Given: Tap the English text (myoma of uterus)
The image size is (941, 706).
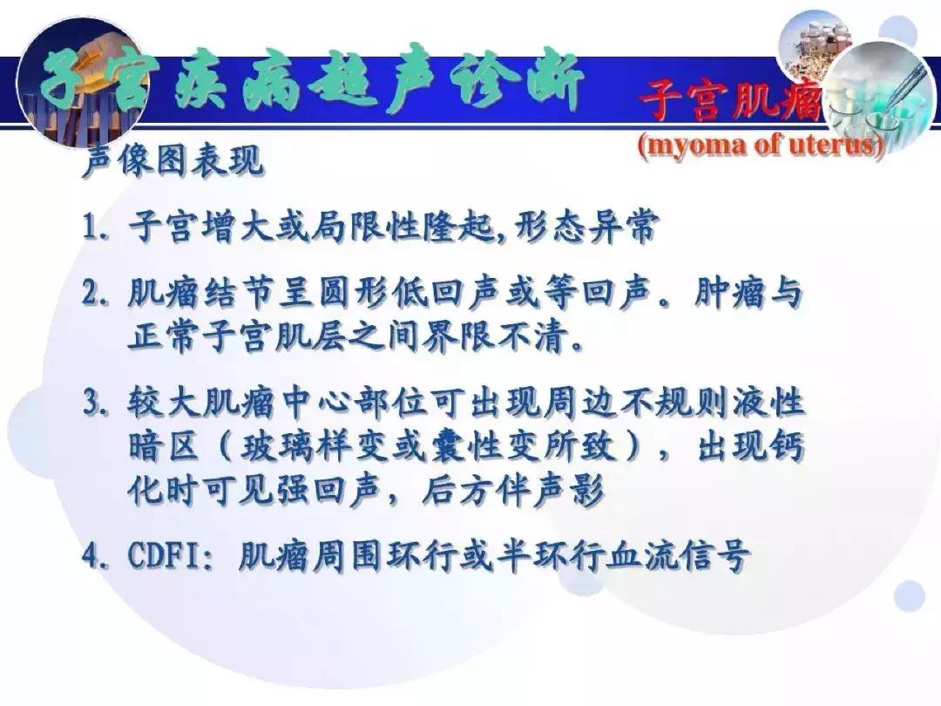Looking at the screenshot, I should pyautogui.click(x=761, y=145).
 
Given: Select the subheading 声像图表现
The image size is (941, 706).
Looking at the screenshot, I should pyautogui.click(x=172, y=161).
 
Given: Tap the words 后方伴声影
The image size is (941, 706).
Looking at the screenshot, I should pyautogui.click(x=513, y=493).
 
